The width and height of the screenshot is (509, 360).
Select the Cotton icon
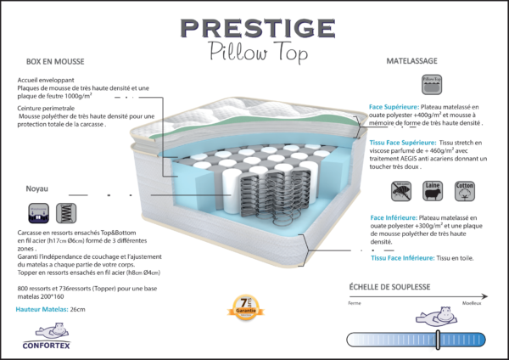pos(465,191)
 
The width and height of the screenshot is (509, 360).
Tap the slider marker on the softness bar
pos(438,340)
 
